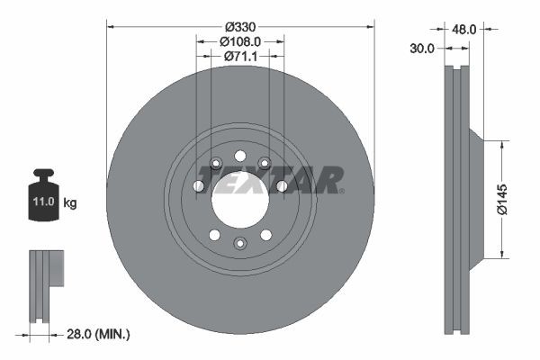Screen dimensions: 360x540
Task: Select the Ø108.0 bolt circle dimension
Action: point(239,40)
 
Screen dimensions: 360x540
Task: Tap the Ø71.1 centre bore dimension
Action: point(239,57)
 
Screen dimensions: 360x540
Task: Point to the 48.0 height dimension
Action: point(466,30)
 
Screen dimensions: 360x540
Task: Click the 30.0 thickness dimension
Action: point(422,48)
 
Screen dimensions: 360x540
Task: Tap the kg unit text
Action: point(70,203)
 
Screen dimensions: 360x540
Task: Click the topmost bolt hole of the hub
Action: point(239,156)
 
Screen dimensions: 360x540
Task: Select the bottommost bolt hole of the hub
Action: point(239,243)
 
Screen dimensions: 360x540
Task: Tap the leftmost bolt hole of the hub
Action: point(198,185)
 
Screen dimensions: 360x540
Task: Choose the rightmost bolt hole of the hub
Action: point(282,185)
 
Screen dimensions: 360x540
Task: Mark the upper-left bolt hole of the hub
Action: point(215,163)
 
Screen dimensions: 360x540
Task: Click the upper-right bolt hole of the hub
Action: point(265,163)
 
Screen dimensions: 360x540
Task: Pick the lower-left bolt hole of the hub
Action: point(214,235)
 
